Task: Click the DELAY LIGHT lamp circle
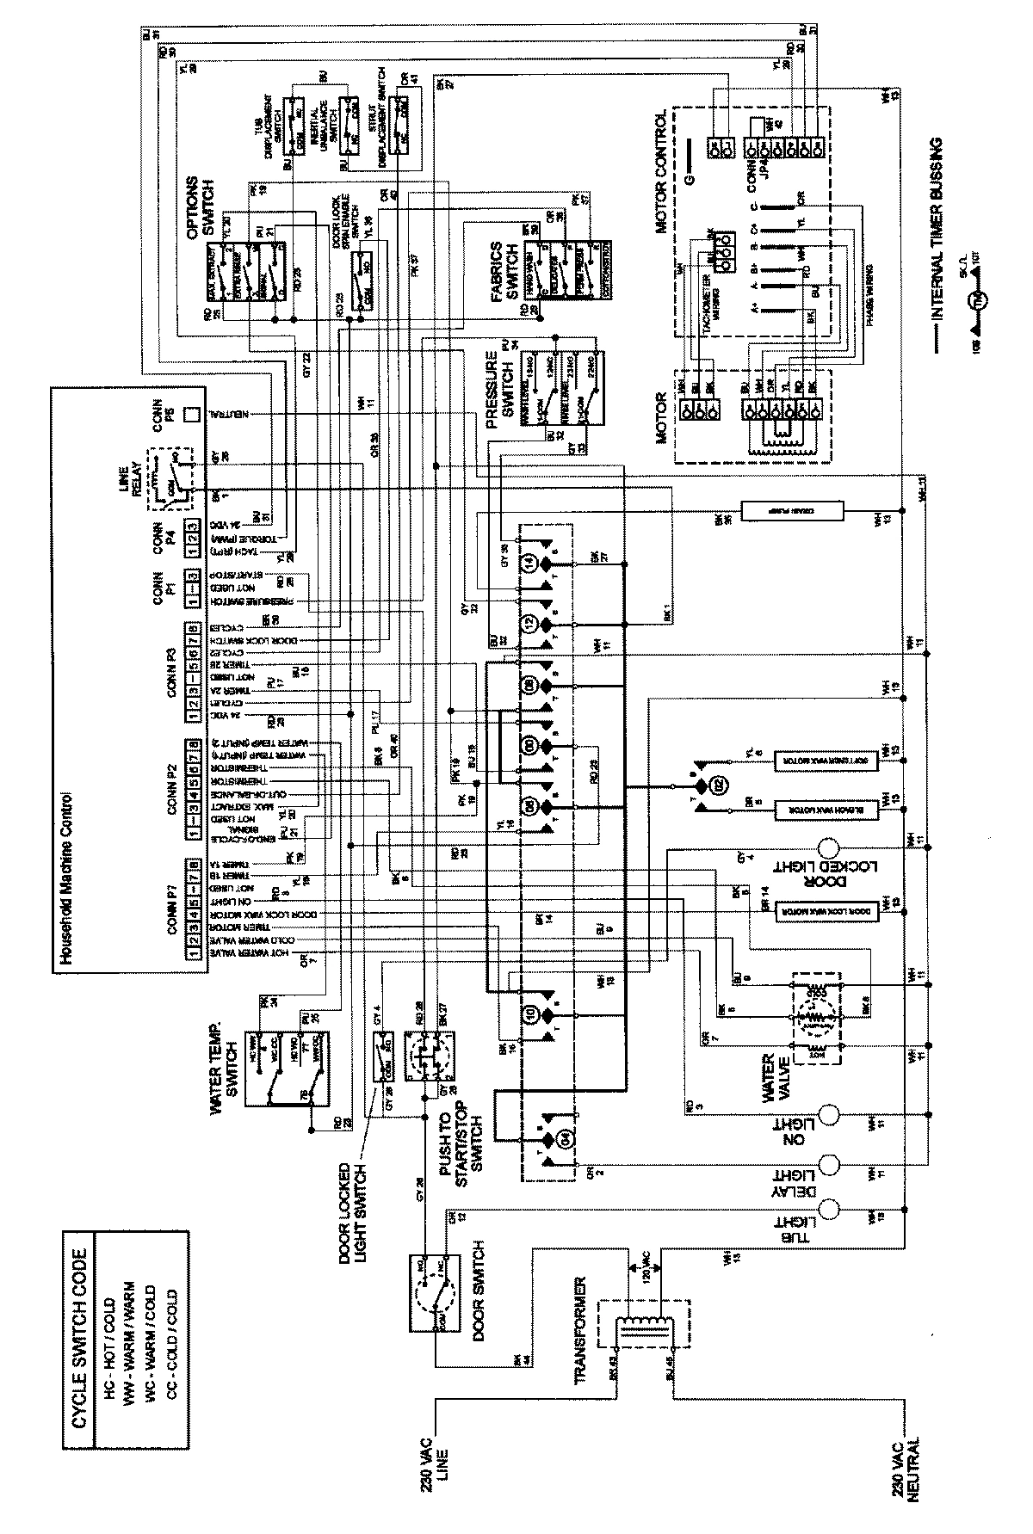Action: [829, 1165]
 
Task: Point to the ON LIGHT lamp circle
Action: [829, 1115]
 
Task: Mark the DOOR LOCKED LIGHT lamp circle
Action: [829, 847]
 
